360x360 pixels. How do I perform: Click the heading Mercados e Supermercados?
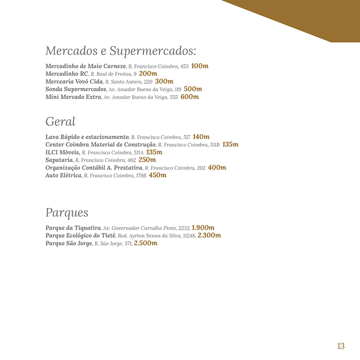(120, 51)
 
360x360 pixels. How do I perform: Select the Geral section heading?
(60, 122)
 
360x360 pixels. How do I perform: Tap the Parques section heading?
(67, 213)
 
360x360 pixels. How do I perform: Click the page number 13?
(341, 346)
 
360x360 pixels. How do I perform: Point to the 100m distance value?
(200, 66)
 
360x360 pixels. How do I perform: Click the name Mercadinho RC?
(67, 74)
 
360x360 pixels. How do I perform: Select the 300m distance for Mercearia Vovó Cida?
(164, 82)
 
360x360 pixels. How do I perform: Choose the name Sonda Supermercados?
(76, 89)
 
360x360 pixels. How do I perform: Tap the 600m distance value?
(189, 97)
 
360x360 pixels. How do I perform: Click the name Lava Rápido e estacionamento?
(87, 137)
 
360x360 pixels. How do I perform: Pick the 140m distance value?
(201, 137)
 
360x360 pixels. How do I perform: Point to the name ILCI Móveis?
(62, 152)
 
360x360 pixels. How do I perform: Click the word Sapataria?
(59, 160)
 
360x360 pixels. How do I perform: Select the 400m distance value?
(217, 167)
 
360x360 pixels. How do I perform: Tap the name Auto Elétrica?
(63, 175)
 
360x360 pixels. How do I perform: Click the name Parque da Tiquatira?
(73, 228)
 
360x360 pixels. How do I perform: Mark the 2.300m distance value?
(209, 235)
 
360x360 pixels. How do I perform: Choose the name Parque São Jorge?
(69, 243)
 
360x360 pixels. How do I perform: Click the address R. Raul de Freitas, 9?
(113, 74)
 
